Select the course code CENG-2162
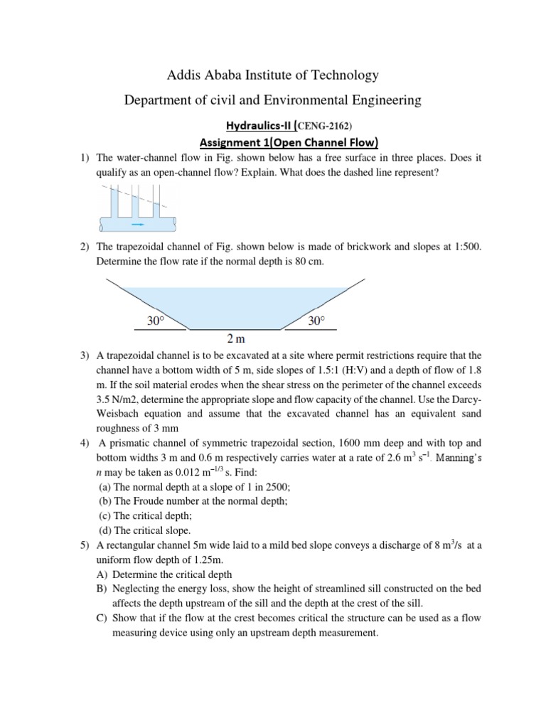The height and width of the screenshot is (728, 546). tap(319, 125)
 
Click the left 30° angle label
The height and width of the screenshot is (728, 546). tap(156, 321)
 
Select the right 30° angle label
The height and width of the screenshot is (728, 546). tap(317, 321)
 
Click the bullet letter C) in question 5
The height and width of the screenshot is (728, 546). tap(101, 618)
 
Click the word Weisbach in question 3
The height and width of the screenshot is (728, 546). tap(124, 414)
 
